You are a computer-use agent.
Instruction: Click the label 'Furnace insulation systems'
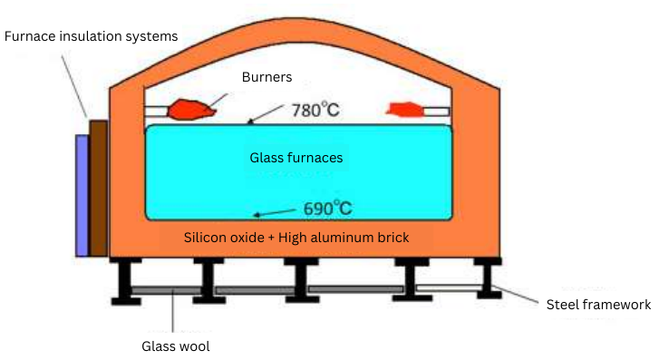(x=91, y=36)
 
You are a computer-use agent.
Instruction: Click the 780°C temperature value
(x=318, y=112)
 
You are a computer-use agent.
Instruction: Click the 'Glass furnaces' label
(x=296, y=158)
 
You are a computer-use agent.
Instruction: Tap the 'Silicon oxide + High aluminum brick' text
(x=296, y=238)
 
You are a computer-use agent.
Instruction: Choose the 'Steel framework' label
(x=599, y=305)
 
